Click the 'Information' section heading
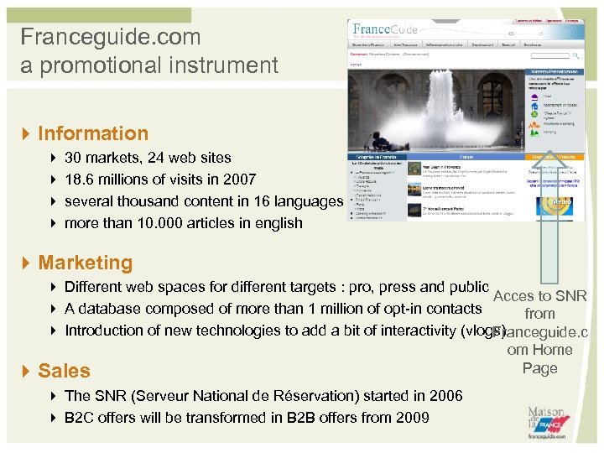pyautogui.click(x=93, y=133)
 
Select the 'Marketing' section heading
pyautogui.click(x=86, y=263)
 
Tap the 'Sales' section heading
pyautogui.click(x=65, y=370)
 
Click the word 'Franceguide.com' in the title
pyautogui.click(x=111, y=37)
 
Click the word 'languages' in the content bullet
pyautogui.click(x=309, y=201)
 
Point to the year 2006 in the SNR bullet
pyautogui.click(x=444, y=396)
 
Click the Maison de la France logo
pyautogui.click(x=545, y=424)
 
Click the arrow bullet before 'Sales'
pyautogui.click(x=27, y=371)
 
